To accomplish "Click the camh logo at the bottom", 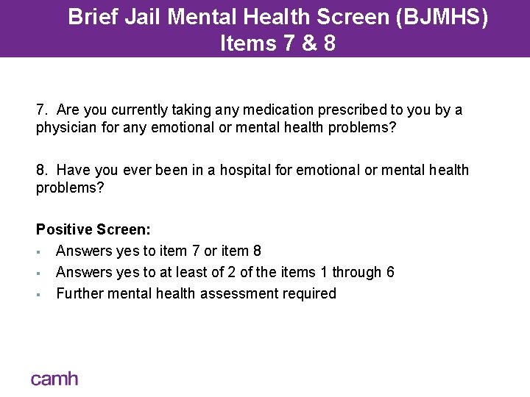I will (x=54, y=379).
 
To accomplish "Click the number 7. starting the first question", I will (x=41, y=110).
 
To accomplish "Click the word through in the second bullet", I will (x=356, y=273).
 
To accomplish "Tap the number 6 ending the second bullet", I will (x=390, y=273).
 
